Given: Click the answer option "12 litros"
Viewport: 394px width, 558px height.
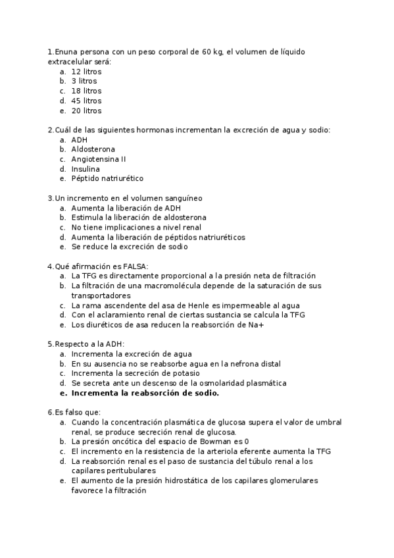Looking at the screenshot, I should coord(86,71).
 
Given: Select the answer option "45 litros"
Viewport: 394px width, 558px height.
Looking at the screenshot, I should coord(86,101).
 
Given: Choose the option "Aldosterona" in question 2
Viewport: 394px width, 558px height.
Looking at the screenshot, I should coord(93,149).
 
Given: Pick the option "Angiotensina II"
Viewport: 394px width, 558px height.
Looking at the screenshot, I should coord(99,159).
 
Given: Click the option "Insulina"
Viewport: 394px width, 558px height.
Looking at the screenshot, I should coord(86,169).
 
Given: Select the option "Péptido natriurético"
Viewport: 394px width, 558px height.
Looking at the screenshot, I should coord(107,178).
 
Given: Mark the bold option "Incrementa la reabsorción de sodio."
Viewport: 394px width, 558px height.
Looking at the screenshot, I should coord(145,393).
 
